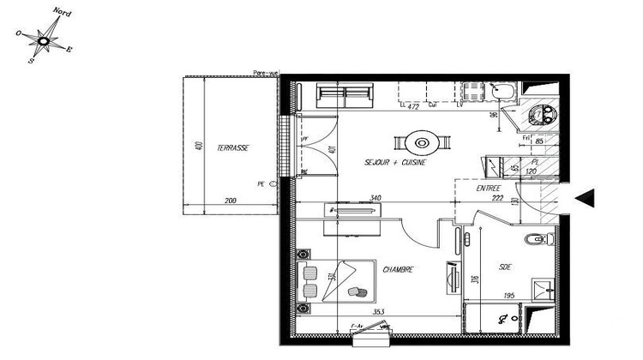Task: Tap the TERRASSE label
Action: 232,147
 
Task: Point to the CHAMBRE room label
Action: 399,269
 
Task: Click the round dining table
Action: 422,142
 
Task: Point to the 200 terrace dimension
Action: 230,201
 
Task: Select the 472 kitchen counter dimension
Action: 412,106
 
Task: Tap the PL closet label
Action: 534,160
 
